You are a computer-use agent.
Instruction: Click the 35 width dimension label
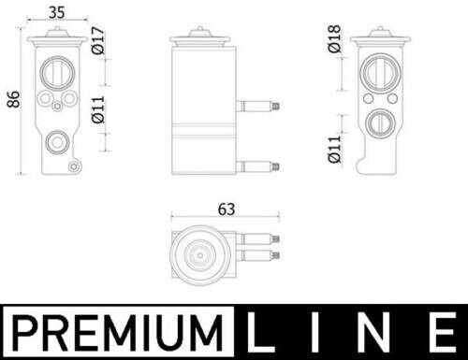[x=57, y=12]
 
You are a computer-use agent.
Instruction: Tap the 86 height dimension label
[x=13, y=99]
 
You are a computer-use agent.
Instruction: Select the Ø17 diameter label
[x=97, y=40]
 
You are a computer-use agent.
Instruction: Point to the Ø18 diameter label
[x=334, y=38]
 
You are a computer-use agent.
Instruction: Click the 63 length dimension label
[x=227, y=209]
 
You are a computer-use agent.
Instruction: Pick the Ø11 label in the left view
[x=97, y=109]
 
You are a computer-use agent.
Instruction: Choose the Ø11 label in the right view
[x=334, y=149]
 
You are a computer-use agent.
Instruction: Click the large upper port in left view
[x=58, y=73]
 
